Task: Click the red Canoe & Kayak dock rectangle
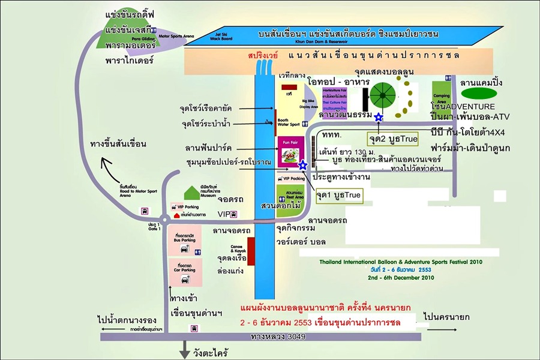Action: [251, 251]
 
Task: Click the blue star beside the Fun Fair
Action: [303, 164]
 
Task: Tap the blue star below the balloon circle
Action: [379, 117]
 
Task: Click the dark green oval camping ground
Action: [478, 94]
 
